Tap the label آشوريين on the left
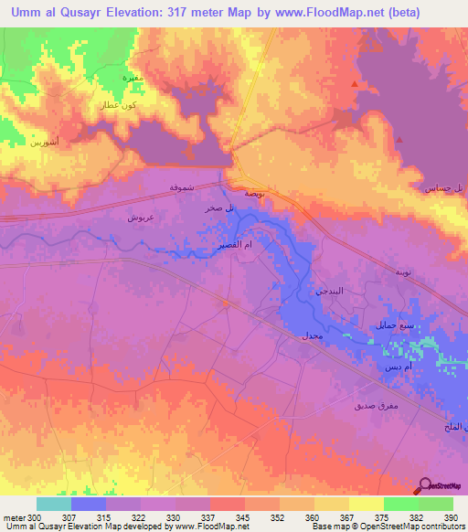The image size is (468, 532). (x=43, y=143)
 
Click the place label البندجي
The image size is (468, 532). (x=332, y=291)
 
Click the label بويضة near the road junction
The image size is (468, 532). (x=255, y=194)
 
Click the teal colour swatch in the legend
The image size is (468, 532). (x=54, y=504)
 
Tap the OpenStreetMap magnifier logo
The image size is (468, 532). (x=423, y=488)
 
